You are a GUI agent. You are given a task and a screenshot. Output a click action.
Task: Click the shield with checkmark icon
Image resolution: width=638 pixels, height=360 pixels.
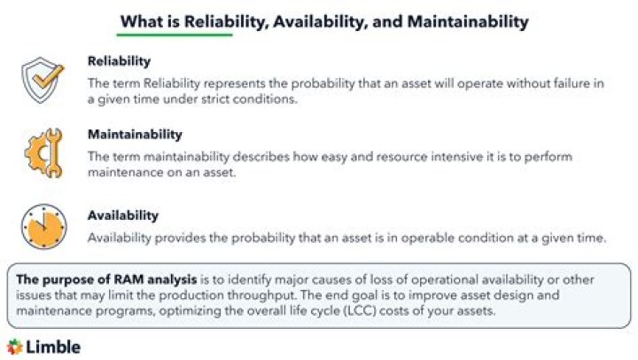(43, 80)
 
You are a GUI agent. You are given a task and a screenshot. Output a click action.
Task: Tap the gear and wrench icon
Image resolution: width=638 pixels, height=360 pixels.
(44, 153)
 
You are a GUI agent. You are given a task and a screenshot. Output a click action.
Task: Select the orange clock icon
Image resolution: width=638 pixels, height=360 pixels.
(43, 226)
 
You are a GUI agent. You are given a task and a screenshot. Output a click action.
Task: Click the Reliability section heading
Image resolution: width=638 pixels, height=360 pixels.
(120, 61)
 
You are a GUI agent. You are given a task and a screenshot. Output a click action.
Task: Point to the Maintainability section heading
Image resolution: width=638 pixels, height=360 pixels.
(135, 135)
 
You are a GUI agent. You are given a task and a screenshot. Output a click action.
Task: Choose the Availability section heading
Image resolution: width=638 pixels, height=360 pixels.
(123, 215)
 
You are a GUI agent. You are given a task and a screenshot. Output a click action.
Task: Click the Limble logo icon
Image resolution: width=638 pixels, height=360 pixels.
(15, 347)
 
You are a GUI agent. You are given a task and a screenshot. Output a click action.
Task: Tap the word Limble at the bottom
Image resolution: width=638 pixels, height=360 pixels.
(53, 347)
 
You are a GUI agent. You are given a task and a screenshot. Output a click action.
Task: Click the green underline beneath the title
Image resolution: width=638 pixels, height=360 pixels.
(175, 35)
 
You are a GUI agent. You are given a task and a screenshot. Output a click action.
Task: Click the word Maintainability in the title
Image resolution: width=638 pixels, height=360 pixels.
(468, 21)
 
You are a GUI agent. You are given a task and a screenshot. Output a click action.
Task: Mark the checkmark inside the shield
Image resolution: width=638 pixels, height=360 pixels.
(48, 77)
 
